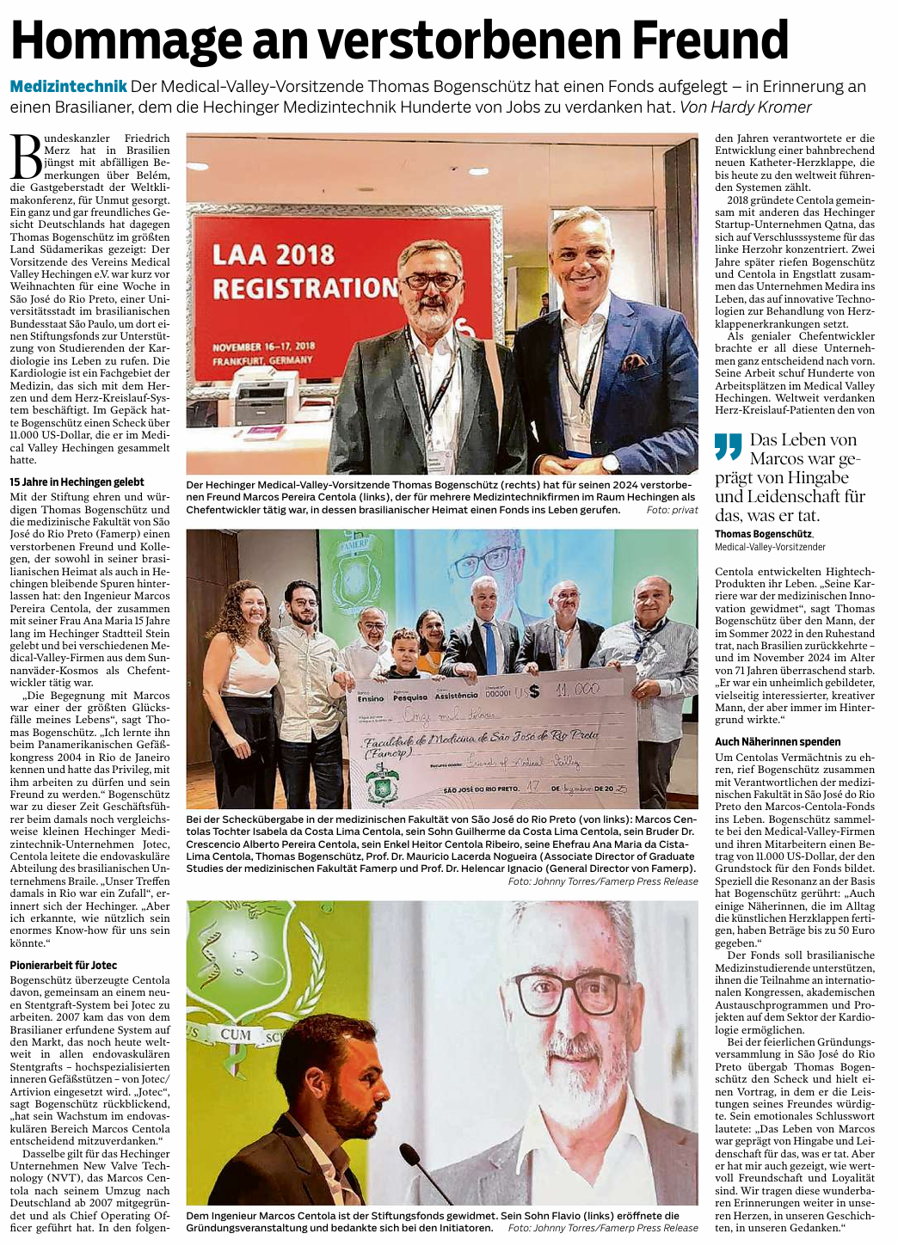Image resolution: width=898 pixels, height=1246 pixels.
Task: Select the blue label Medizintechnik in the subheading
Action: tap(69, 87)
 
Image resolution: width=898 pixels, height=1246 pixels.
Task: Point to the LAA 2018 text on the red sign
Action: tap(273, 255)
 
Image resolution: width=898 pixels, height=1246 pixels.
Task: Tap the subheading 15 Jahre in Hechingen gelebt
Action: tap(77, 482)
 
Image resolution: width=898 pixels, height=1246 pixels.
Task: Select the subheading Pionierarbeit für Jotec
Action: tap(64, 966)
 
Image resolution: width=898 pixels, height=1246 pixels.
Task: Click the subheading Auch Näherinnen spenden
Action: tap(778, 741)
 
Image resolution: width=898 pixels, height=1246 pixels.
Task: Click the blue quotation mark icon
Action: tap(728, 446)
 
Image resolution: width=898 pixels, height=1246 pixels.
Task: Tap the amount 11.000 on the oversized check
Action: tap(575, 689)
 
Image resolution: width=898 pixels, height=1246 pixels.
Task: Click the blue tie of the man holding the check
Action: tap(488, 646)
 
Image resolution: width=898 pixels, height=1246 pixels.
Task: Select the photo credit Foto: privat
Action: tap(672, 510)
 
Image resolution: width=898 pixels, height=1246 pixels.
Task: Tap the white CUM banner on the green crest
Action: tap(235, 1034)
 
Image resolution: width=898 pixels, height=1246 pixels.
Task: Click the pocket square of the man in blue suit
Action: tap(635, 360)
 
